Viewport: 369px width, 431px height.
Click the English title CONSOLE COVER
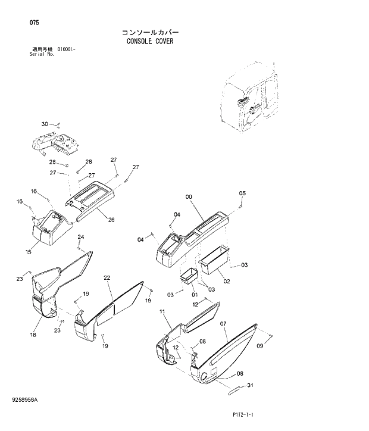(x=149, y=42)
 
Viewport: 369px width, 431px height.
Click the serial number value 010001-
(x=66, y=49)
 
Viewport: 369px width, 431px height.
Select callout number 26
(x=111, y=220)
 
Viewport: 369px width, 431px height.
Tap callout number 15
(x=27, y=252)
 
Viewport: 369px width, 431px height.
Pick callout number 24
(x=80, y=237)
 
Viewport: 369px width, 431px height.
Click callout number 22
(x=107, y=277)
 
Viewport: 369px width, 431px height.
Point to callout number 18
(x=33, y=335)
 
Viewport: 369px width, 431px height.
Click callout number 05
(x=242, y=193)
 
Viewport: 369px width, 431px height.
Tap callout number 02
(x=226, y=281)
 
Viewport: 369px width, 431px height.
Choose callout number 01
(x=194, y=294)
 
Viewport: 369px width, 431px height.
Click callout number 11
(x=162, y=311)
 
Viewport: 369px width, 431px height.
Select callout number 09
(x=259, y=346)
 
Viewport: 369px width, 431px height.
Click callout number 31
(x=249, y=385)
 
